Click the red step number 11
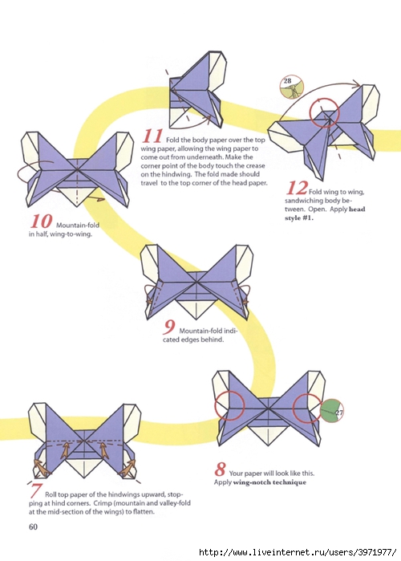pos(152,136)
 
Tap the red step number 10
pos(41,222)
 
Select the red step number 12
pos(297,188)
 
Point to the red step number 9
pos(169,327)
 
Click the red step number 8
pos(221,469)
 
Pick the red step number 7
pos(35,490)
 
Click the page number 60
pos(33,526)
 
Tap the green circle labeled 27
pos(332,411)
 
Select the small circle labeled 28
pos(292,87)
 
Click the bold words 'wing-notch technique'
pos(269,482)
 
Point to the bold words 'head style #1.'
pos(325,213)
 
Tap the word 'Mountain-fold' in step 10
pos(78,226)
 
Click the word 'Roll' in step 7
pos(51,494)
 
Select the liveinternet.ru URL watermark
pos(298,552)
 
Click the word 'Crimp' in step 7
pos(103,503)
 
